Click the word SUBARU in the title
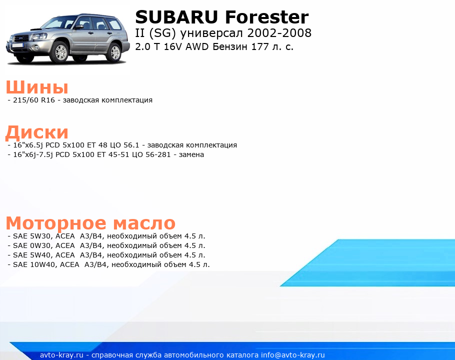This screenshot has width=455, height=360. click(x=176, y=17)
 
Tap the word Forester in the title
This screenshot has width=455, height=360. click(x=267, y=17)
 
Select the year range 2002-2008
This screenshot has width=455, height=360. click(x=279, y=33)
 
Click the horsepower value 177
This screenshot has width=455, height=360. click(x=260, y=46)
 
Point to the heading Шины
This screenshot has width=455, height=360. click(x=37, y=87)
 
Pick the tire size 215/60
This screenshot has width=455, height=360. click(x=26, y=100)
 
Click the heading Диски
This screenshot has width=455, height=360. click(x=37, y=132)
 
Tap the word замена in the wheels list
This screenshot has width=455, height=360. click(x=191, y=155)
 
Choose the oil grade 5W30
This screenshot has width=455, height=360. click(x=40, y=236)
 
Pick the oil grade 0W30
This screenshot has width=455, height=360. click(x=40, y=245)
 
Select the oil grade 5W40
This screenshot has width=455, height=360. click(x=40, y=255)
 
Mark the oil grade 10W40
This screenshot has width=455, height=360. click(x=42, y=265)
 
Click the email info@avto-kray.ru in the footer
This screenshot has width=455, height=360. click(x=293, y=355)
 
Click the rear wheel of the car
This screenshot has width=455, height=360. click(x=115, y=52)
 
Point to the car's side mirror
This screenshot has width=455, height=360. click(x=79, y=27)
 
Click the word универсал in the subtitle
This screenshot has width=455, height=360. click(x=211, y=33)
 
